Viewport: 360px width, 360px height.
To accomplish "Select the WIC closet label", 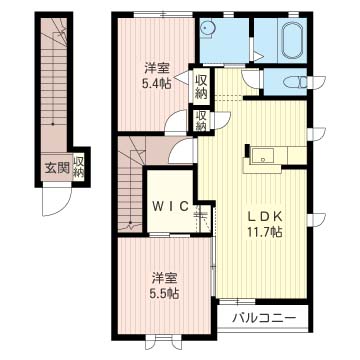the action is [171, 206].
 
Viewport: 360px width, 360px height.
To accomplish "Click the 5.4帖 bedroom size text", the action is [157, 84].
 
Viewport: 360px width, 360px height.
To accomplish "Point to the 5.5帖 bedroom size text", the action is [164, 293].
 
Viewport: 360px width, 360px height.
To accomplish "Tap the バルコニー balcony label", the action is [264, 318].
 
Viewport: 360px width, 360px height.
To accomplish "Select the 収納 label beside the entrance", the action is [79, 167].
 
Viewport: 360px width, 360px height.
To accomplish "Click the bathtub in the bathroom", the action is [293, 43].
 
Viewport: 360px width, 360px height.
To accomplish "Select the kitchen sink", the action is [262, 156].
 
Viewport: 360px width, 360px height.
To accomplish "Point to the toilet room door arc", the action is [247, 78].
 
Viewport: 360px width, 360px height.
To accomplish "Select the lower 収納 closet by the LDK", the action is [202, 122].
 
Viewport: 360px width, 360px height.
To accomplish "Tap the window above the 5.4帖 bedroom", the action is [163, 14].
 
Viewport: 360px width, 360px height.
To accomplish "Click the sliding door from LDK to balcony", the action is [237, 302].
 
